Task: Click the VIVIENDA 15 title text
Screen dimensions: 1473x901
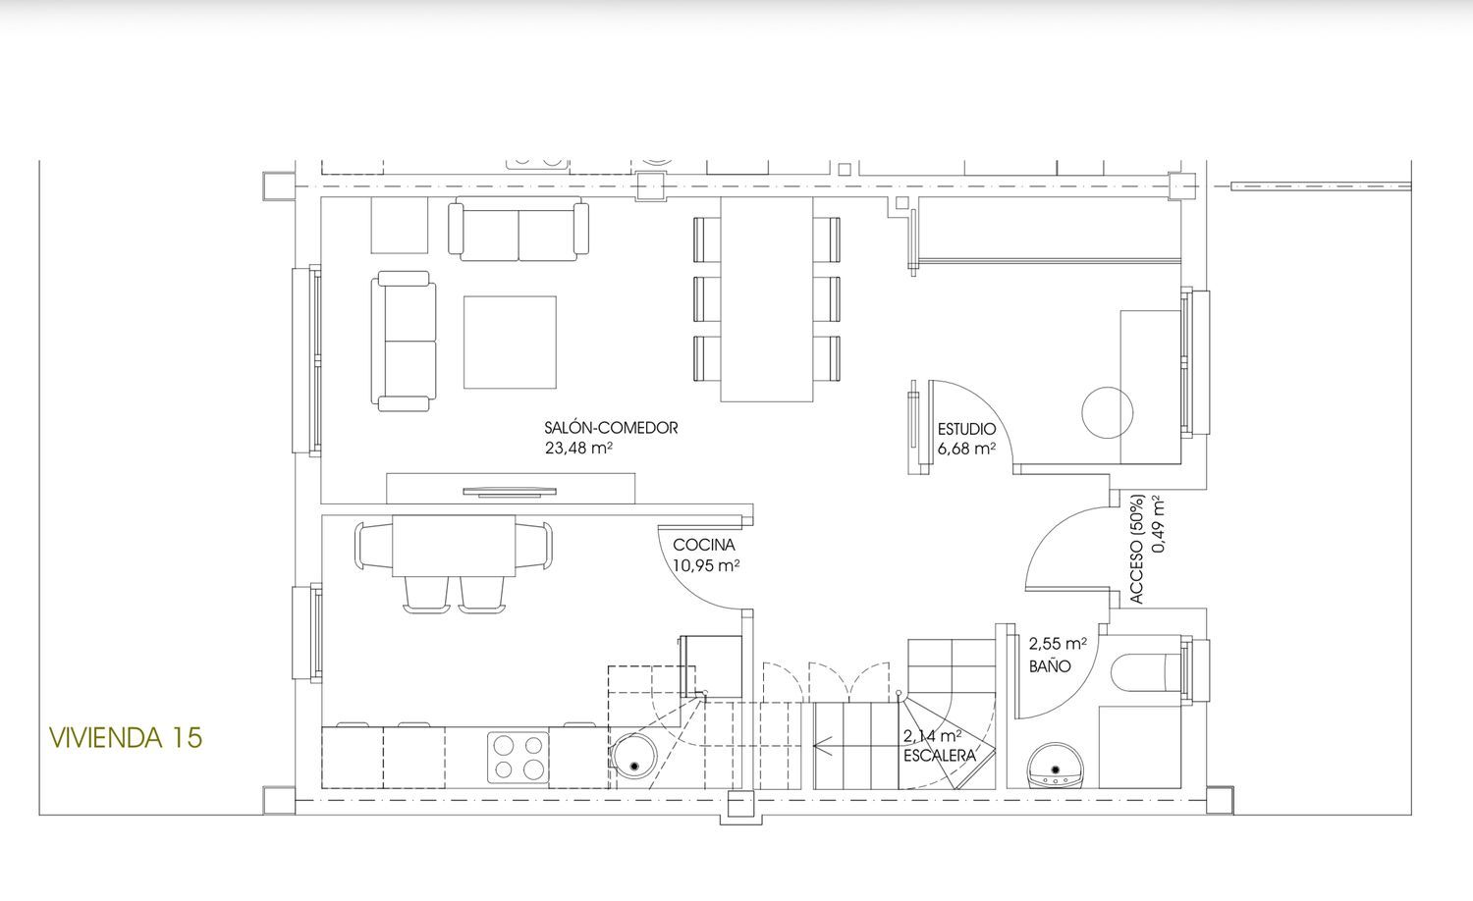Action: click(x=126, y=737)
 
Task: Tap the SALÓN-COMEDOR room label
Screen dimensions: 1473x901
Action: click(x=611, y=428)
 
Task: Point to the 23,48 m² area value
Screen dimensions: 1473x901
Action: click(x=578, y=449)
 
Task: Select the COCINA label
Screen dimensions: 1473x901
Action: click(x=704, y=545)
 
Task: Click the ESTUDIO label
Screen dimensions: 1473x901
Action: click(x=966, y=429)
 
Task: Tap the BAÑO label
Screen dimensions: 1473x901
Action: click(x=1050, y=666)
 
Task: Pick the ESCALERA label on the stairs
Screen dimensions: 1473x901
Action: click(x=940, y=756)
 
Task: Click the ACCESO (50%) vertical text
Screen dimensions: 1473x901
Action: click(x=1137, y=550)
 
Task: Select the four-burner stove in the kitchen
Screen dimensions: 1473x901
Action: click(x=518, y=757)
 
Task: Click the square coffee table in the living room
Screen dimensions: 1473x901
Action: click(x=510, y=343)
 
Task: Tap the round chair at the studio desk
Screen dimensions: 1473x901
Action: click(x=1108, y=412)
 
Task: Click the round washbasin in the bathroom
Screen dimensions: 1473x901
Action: click(x=1056, y=766)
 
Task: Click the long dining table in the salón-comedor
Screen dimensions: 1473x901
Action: click(x=767, y=299)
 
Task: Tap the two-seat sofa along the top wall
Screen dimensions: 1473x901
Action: click(x=518, y=229)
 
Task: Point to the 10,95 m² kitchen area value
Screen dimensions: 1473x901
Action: click(x=706, y=565)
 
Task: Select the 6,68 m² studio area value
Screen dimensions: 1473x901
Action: click(x=966, y=449)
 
